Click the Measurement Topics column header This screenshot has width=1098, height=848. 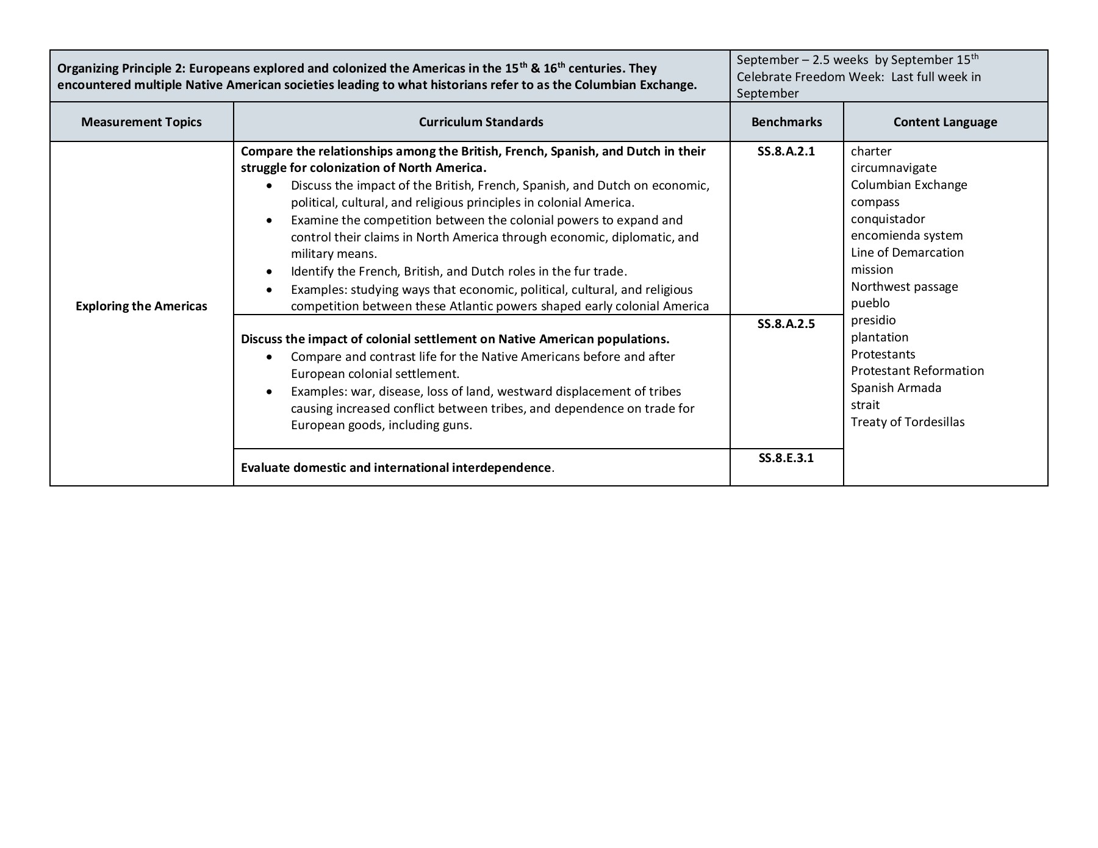(x=141, y=122)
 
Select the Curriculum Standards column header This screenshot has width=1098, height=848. (x=481, y=122)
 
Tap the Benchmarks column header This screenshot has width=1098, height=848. (x=786, y=122)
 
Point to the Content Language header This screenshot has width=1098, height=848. (x=945, y=122)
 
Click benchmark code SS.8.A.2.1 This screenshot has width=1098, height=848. (x=786, y=151)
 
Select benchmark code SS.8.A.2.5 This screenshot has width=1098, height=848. (x=786, y=324)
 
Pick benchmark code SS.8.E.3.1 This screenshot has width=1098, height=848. (x=786, y=458)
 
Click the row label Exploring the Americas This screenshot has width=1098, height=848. (x=141, y=306)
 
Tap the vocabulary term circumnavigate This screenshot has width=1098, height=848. (x=893, y=168)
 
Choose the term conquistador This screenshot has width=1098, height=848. (x=888, y=219)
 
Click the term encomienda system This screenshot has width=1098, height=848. (x=906, y=235)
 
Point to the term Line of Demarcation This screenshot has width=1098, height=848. (x=907, y=252)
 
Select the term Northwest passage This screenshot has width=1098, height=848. (x=904, y=287)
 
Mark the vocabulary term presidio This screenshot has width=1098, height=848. (x=873, y=320)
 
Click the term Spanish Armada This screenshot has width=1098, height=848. (x=895, y=388)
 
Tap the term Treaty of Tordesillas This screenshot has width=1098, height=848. (x=907, y=422)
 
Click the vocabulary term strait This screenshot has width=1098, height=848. (x=865, y=405)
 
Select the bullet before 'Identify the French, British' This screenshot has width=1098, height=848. (x=269, y=272)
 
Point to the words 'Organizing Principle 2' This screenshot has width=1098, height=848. (x=120, y=68)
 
